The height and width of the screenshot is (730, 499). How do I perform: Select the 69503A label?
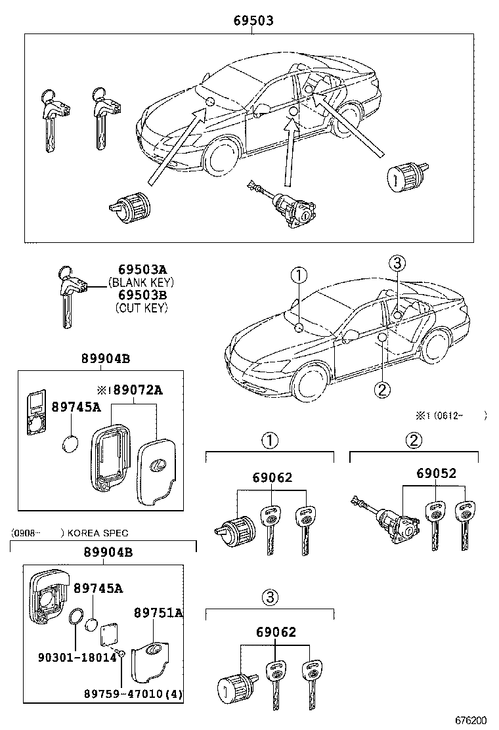[x=142, y=270]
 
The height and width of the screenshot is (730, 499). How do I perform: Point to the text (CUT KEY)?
[x=141, y=307]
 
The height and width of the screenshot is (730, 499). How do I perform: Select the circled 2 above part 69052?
[x=414, y=440]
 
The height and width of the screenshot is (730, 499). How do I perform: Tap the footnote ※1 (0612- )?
[x=450, y=415]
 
